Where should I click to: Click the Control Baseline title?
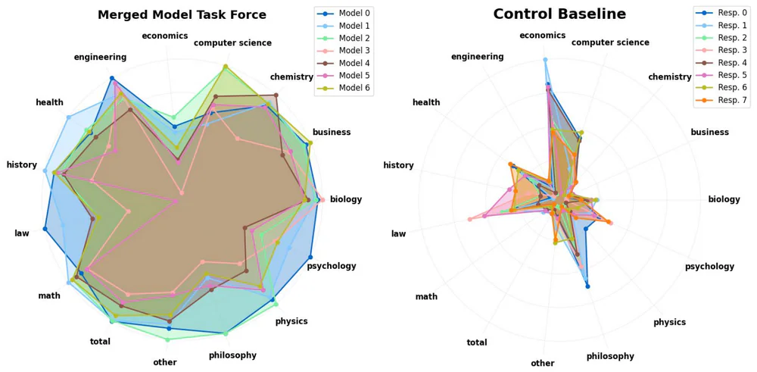coord(581,14)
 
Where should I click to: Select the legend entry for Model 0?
coord(355,14)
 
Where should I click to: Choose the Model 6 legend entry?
coord(355,88)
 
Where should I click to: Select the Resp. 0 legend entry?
coord(725,14)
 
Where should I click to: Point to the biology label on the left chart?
coord(346,200)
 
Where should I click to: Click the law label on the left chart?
coord(22,233)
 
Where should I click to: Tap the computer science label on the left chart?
coord(232,43)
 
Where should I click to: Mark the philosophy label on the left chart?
coord(232,355)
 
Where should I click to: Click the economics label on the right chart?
coord(542,36)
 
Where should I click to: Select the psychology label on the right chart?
coord(709,267)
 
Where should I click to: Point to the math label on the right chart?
coord(426,296)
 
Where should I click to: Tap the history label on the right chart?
coord(398,166)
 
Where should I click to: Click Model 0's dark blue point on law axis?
coord(45,229)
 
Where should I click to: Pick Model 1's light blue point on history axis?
coord(45,171)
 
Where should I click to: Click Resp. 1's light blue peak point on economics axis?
coord(545,59)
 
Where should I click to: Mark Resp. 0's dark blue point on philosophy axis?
coord(587,286)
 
